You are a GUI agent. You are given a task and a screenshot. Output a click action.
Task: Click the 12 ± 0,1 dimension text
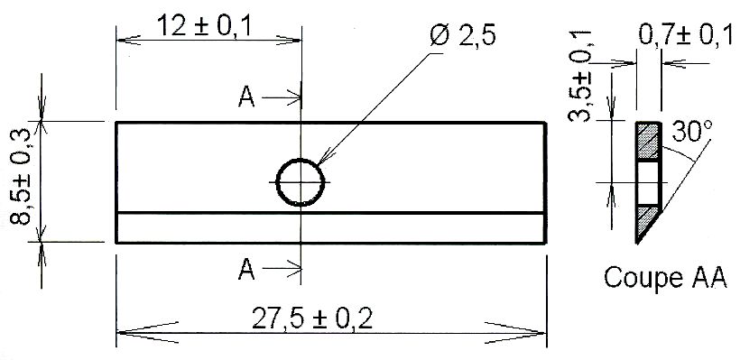(203, 25)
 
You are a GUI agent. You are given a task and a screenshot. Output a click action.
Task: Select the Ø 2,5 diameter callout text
(463, 36)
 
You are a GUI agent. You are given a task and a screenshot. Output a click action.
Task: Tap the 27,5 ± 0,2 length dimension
(312, 318)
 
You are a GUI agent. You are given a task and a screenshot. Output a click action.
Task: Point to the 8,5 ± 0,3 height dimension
(22, 177)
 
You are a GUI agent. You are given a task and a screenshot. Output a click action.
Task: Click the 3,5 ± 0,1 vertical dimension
(580, 77)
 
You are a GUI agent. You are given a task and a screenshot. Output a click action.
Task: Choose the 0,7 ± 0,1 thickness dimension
(687, 35)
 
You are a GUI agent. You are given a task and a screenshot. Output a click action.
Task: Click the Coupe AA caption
(665, 278)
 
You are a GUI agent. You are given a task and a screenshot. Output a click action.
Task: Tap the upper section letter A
(246, 97)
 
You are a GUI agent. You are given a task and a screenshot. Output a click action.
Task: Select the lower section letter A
(246, 270)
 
